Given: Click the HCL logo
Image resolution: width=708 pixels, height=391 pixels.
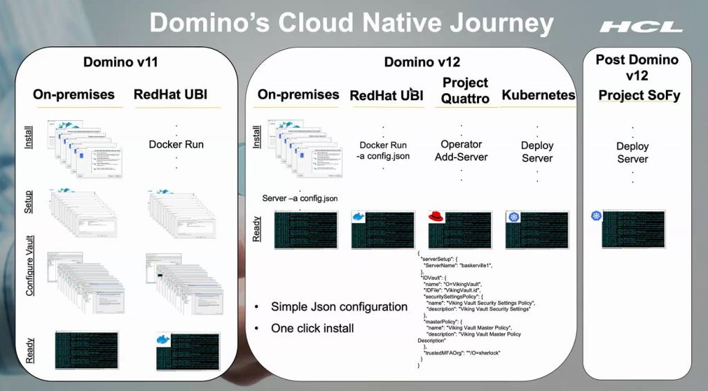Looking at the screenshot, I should coord(640,27).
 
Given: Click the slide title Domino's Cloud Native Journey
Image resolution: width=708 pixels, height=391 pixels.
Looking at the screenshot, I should coord(351,23).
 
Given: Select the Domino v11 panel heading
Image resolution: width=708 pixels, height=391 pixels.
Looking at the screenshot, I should coord(121,61).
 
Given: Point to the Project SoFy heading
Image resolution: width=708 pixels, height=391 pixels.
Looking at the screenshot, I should coord(639,95).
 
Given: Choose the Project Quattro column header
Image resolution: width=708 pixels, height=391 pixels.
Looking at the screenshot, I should coord(465,90).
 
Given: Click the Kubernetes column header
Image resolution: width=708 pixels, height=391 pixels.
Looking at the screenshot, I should coord(538,95).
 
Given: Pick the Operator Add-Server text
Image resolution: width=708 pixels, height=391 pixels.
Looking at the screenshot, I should coord(461,151).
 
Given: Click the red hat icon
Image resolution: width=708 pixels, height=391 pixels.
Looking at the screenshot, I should coord(435,217).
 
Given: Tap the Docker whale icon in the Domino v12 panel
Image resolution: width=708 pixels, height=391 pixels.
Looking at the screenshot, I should coord(358,217).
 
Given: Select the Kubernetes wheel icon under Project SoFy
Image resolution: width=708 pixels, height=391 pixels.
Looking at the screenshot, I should coord(597,217).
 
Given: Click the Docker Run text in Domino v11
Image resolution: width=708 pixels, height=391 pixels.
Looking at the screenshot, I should coord(176,144).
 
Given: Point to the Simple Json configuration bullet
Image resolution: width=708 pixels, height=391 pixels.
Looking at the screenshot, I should coord(339,307).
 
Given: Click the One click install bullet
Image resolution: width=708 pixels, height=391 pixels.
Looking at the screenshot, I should coord(312,328).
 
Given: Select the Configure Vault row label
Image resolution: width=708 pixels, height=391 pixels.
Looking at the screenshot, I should coord(30,266).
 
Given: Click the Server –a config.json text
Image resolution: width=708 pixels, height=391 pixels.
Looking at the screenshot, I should coord(299,198).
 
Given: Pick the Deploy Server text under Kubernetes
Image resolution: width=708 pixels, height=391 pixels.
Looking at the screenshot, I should coord(537,152).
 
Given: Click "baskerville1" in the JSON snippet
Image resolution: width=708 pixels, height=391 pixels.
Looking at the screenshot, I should coord(473,265).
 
